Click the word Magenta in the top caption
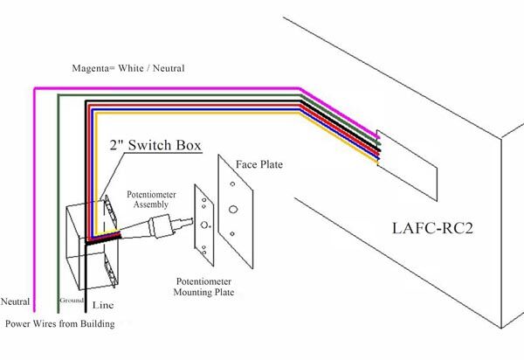pyautogui.click(x=90, y=66)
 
